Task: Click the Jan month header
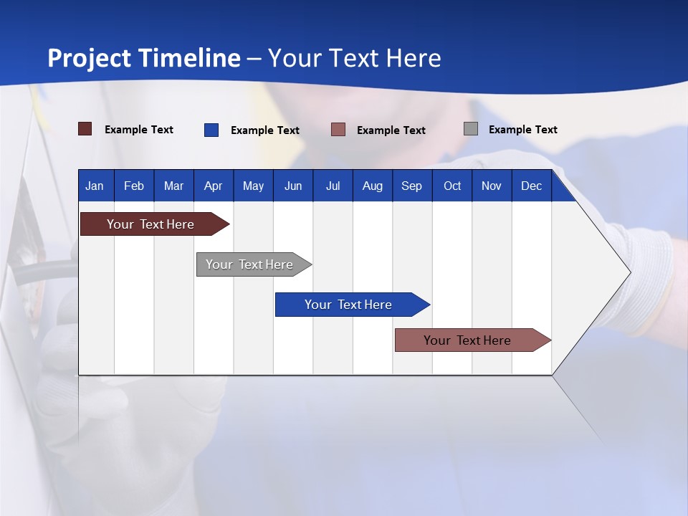pyautogui.click(x=95, y=186)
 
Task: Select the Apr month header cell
pyautogui.click(x=214, y=186)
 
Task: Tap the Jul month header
pyautogui.click(x=333, y=186)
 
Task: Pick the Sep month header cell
pyautogui.click(x=411, y=186)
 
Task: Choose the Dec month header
pyautogui.click(x=531, y=186)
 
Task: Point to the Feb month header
pyautogui.click(x=134, y=186)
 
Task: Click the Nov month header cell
pyautogui.click(x=492, y=186)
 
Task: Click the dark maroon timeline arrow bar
pyautogui.click(x=150, y=224)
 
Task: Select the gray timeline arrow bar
pyautogui.click(x=249, y=264)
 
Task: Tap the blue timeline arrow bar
pyautogui.click(x=348, y=305)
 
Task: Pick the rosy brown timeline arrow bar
pyautogui.click(x=467, y=340)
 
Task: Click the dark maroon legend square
pyautogui.click(x=85, y=129)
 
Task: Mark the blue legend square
pyautogui.click(x=211, y=130)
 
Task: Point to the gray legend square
pyautogui.click(x=470, y=129)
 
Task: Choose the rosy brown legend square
pyautogui.click(x=338, y=130)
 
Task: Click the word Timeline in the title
pyautogui.click(x=189, y=57)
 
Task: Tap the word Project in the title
pyautogui.click(x=90, y=57)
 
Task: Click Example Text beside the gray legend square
pyautogui.click(x=522, y=130)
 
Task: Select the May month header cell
pyautogui.click(x=253, y=186)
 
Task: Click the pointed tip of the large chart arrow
pyautogui.click(x=629, y=272)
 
